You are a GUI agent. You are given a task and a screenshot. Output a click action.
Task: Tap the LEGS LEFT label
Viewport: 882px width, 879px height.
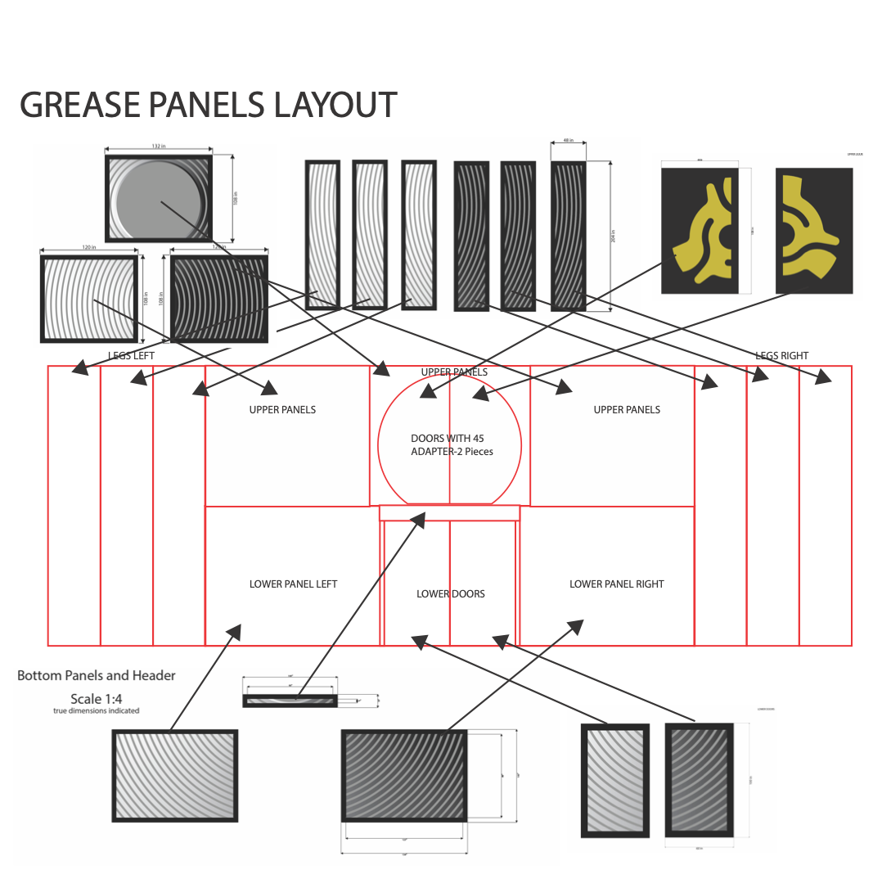tap(131, 355)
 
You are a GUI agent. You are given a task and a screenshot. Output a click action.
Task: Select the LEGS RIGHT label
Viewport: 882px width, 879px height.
tap(781, 355)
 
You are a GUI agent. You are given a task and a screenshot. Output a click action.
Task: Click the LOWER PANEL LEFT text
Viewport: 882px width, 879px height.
tap(293, 584)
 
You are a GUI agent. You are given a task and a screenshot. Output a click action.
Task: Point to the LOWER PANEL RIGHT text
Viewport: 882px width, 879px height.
tap(616, 584)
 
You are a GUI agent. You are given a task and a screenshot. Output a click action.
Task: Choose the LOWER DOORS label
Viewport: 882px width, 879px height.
tap(450, 593)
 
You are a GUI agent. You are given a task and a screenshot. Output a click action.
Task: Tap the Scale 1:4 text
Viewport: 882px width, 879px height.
tap(96, 698)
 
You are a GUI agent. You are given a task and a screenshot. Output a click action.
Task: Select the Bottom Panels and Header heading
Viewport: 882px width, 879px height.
tap(97, 675)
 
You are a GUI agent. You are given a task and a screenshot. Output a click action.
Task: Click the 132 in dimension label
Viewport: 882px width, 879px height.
tap(159, 146)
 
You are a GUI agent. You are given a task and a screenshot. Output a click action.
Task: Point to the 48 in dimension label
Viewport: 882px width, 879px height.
tap(568, 141)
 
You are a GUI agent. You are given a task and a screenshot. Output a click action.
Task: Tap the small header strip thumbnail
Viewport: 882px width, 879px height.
tap(290, 701)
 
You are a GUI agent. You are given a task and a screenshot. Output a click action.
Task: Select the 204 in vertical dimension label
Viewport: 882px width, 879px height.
tap(613, 236)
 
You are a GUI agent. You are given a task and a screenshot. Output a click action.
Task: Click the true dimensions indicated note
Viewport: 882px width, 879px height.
tap(96, 710)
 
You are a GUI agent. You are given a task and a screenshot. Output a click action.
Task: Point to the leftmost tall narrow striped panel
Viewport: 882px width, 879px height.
tap(322, 234)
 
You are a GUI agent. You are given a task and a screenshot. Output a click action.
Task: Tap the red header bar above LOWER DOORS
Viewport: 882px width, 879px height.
tap(449, 512)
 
